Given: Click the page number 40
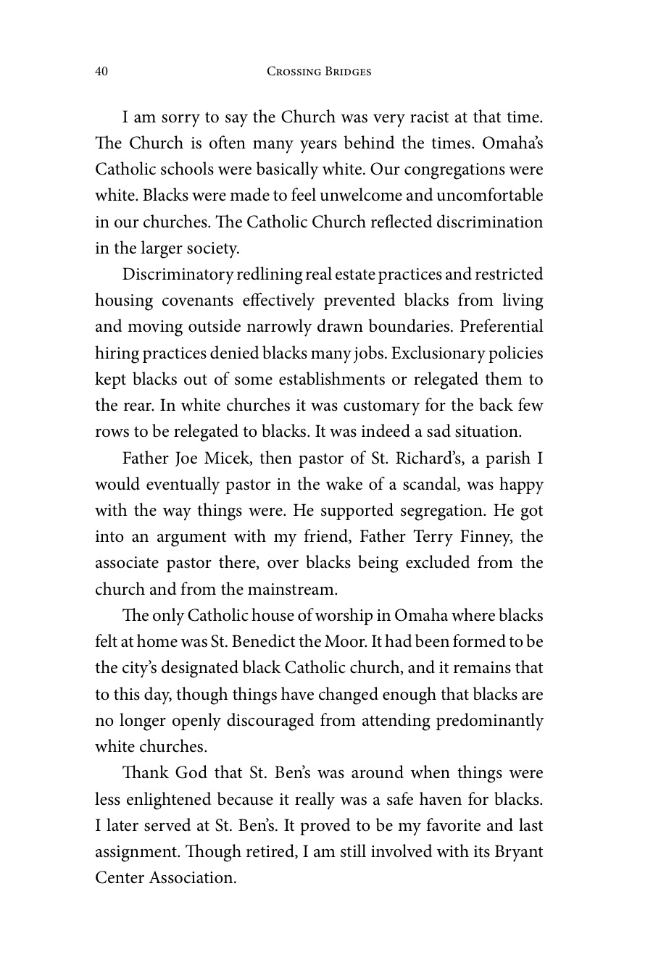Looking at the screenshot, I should tap(101, 72).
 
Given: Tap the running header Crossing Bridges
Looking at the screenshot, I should tap(319, 72).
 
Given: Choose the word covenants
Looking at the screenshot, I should tap(201, 301).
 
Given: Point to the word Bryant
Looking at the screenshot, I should tap(517, 852).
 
